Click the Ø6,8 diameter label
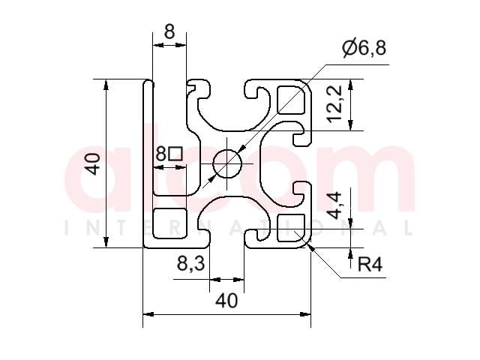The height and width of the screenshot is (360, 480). point(364,48)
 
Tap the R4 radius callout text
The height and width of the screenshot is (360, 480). point(370,265)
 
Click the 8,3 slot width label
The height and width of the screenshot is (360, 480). point(191,263)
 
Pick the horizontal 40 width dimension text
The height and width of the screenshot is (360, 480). point(226,301)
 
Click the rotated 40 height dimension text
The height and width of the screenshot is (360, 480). point(93,163)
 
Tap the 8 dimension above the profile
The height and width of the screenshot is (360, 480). point(169,31)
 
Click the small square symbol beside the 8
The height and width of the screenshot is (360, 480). point(176,154)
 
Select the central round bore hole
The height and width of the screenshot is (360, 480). point(227,163)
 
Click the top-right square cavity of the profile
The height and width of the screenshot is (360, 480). point(291,100)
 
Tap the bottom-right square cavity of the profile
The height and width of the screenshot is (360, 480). point(291,228)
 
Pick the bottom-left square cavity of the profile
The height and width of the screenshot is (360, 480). point(169,223)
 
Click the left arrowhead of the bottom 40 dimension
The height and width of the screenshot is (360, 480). point(148,314)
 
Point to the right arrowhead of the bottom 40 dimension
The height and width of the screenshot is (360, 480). point(305,314)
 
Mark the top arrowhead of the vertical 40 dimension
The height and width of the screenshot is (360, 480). point(106,85)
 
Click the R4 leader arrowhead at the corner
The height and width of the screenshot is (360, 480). point(310,247)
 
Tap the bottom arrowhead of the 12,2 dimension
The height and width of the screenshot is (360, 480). point(350,125)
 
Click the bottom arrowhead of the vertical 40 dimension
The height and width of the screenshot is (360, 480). point(106,241)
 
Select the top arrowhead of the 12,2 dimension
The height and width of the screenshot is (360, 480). point(350,85)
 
